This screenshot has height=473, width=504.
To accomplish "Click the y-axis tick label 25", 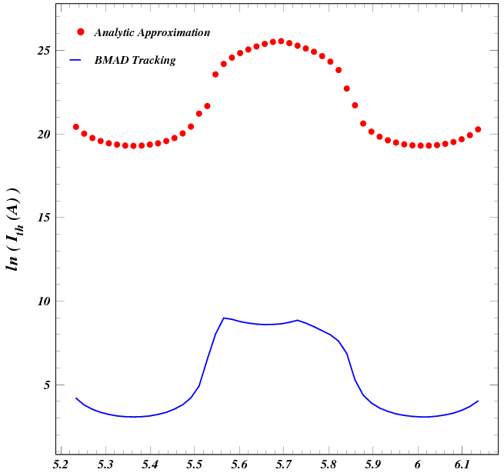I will point(43,51).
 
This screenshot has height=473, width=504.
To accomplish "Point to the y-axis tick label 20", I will point(43,135).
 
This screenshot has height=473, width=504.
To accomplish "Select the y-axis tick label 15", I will point(43,218).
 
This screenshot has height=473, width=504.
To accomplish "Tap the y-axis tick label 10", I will point(43,301).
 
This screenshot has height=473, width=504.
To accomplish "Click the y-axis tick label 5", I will point(46,385).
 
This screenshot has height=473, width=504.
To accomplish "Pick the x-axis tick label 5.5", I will point(195,465).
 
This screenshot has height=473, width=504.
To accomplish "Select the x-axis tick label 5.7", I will point(285,465).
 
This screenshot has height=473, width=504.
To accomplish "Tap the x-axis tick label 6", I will point(418,465).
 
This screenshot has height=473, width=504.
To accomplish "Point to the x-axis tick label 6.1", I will point(462,465).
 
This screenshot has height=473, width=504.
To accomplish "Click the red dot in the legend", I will point(81,32).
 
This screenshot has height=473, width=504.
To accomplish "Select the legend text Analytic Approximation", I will point(152,33).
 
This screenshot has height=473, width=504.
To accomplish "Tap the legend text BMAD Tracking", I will point(135,60).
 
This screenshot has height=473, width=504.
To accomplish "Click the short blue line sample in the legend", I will point(76,59).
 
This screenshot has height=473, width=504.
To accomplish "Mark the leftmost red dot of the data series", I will point(75,127).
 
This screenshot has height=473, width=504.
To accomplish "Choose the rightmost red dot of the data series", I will point(478,129).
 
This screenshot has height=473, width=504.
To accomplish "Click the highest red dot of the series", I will point(281,41).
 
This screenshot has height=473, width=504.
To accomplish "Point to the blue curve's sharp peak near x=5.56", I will point(224,318).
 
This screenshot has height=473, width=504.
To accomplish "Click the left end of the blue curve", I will point(75,398).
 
